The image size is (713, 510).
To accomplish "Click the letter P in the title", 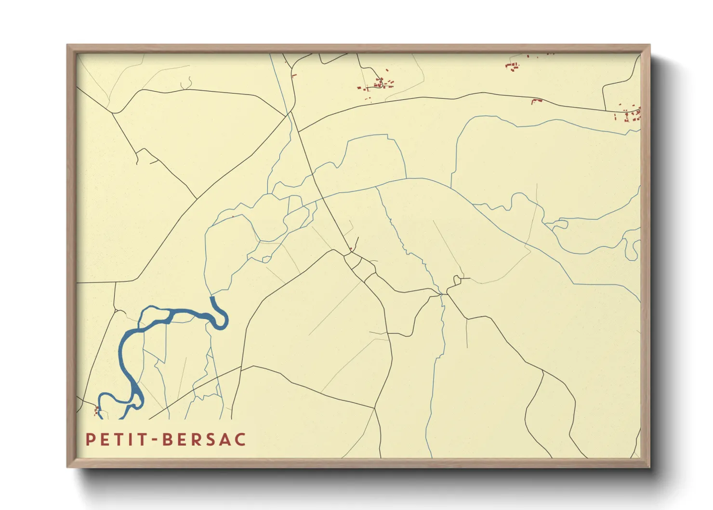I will [x=90, y=440].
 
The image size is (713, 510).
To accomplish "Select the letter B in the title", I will [x=167, y=440].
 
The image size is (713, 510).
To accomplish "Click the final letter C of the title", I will [x=240, y=440].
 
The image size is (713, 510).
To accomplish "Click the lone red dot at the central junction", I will [x=351, y=249].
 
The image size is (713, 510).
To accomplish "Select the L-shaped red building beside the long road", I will [x=536, y=101].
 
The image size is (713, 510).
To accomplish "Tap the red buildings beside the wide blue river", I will [x=97, y=411].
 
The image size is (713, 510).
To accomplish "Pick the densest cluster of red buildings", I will [x=379, y=84].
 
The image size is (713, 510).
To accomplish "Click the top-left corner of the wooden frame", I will [x=68, y=46].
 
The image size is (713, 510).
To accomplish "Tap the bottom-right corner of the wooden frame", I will [x=649, y=466].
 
